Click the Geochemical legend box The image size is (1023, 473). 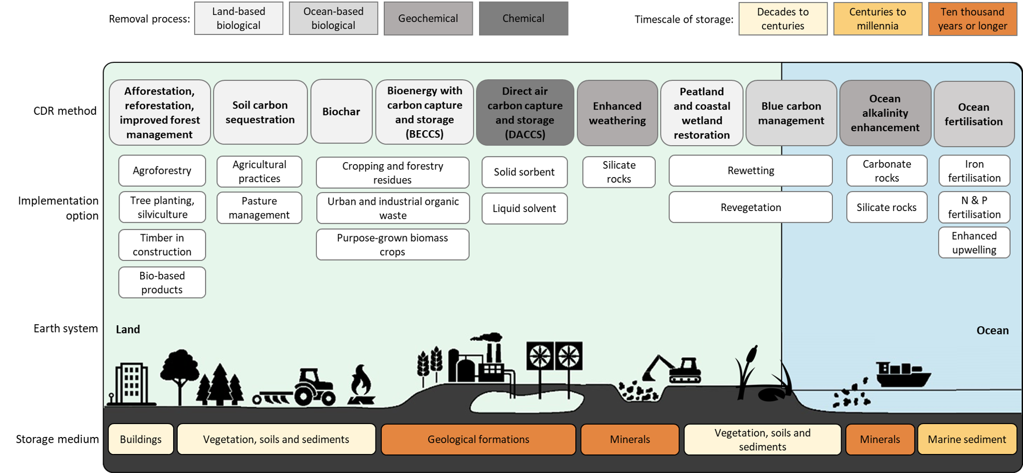pyautogui.click(x=428, y=19)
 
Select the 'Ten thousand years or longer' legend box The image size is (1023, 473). pyautogui.click(x=972, y=19)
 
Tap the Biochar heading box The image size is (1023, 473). pyautogui.click(x=341, y=112)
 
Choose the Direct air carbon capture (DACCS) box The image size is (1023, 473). pyautogui.click(x=525, y=112)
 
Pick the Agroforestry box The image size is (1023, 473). pyautogui.click(x=162, y=171)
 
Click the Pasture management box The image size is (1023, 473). pyautogui.click(x=259, y=208)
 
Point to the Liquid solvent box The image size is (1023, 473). pyautogui.click(x=524, y=208)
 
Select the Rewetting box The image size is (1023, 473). pyautogui.click(x=750, y=171)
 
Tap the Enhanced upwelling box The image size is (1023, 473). pyautogui.click(x=974, y=243)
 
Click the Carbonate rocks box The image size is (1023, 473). pyautogui.click(x=886, y=171)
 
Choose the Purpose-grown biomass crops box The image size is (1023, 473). pyautogui.click(x=393, y=245)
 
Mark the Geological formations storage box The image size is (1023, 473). pyautogui.click(x=478, y=440)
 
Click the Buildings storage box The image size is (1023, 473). pyautogui.click(x=141, y=440)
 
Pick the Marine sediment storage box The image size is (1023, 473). pyautogui.click(x=966, y=440)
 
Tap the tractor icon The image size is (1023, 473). pyautogui.click(x=313, y=387)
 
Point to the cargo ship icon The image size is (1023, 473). pyautogui.click(x=902, y=374)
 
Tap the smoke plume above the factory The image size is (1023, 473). pyautogui.click(x=487, y=338)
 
